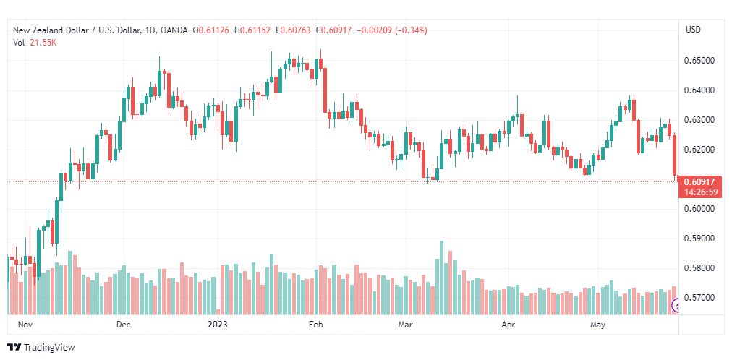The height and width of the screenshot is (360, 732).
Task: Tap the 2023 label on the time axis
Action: click(x=217, y=325)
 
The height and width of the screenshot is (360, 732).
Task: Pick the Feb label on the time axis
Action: click(x=315, y=325)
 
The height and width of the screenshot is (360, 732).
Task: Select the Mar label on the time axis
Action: click(x=404, y=325)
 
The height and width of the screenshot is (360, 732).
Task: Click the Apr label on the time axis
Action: click(x=508, y=325)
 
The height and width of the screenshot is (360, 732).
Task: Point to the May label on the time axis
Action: click(x=598, y=325)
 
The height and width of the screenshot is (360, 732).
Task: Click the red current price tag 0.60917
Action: click(x=699, y=181)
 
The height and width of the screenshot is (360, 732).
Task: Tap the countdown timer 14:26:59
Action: click(x=699, y=192)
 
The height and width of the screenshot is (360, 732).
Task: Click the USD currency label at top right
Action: click(x=693, y=30)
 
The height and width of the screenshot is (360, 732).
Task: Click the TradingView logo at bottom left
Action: click(x=41, y=348)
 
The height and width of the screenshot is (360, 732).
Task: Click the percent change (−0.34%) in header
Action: click(x=411, y=30)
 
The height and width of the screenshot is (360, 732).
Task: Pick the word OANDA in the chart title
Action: click(x=173, y=30)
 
